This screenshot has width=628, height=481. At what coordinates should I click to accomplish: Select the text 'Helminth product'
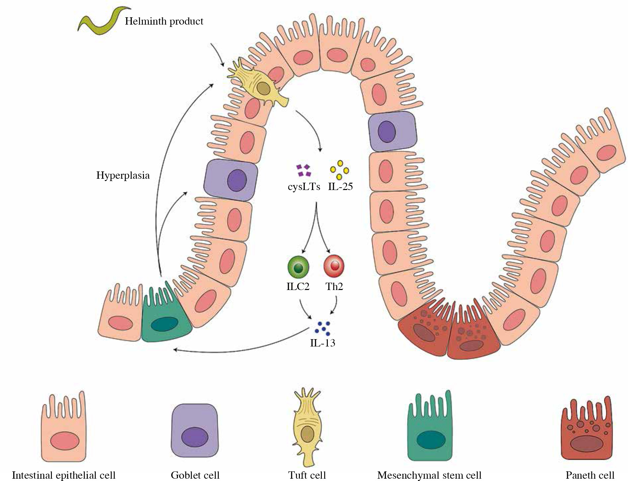coord(164,22)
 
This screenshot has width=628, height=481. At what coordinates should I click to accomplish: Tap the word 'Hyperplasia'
coord(123,175)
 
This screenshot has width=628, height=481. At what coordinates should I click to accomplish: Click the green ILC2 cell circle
coord(298,267)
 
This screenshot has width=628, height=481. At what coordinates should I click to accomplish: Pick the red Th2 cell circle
coord(334,266)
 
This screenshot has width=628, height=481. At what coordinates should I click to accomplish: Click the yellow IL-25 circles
coord(339,170)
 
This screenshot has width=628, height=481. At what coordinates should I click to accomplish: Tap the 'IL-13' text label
coord(322,343)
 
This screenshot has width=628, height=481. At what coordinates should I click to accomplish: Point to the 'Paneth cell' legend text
coord(590,475)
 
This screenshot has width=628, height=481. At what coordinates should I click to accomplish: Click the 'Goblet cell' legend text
coord(195,475)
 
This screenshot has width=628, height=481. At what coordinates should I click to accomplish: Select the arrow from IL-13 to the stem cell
coord(239,347)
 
